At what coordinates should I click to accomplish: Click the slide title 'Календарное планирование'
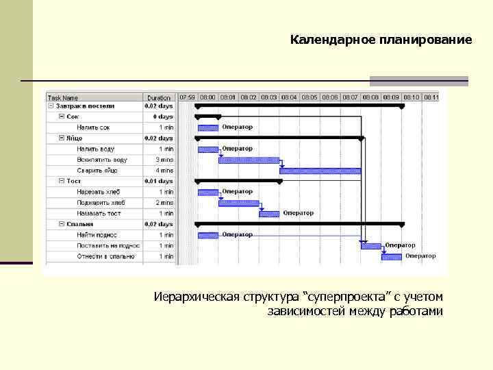[x=381, y=40]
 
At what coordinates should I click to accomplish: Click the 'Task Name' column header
[x=64, y=98]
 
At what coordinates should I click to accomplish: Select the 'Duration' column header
[x=159, y=98]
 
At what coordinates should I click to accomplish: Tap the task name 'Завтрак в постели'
[x=86, y=106]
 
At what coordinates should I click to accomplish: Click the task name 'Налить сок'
[x=93, y=127]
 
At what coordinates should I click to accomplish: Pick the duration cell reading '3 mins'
[x=166, y=160]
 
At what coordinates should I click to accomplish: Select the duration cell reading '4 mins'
[x=166, y=170]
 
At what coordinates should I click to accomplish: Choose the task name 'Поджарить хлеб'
[x=101, y=203]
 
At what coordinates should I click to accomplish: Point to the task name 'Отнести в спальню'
[x=105, y=256]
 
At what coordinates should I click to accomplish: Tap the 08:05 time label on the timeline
[x=309, y=97]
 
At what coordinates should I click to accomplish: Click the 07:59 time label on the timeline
[x=187, y=97]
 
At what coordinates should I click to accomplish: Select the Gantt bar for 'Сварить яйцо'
[x=320, y=171]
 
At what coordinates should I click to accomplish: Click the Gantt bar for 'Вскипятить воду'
[x=249, y=160]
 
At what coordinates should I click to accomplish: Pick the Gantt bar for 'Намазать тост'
[x=269, y=214]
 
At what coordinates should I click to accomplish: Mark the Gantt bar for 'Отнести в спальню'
[x=392, y=257]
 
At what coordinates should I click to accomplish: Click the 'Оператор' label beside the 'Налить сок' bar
[x=238, y=127]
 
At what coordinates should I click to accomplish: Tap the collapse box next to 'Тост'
[x=62, y=181]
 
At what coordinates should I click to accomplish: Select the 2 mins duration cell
[x=166, y=203]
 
